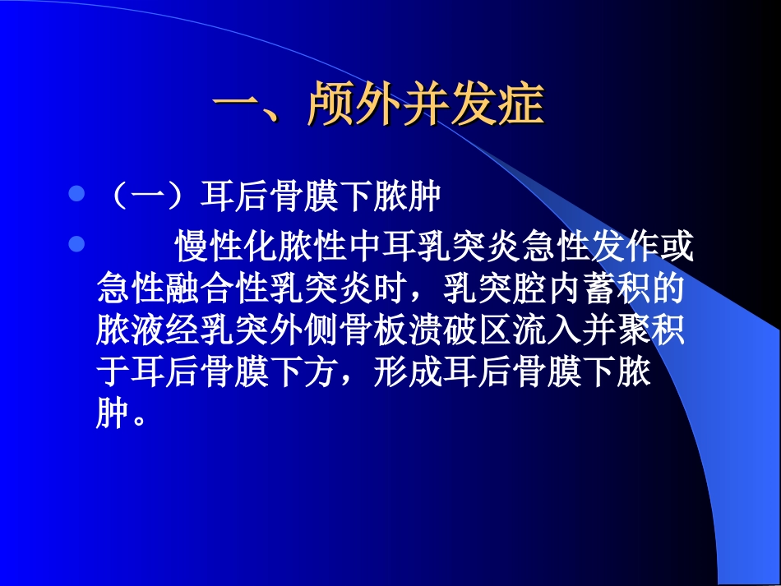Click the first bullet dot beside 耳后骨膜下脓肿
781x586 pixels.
click(76, 195)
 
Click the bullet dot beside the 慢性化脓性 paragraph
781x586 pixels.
click(76, 243)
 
